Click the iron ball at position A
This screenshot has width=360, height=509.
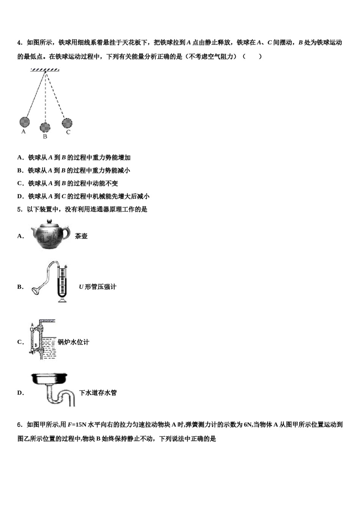coord(24,122)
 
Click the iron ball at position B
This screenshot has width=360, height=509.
coord(45,127)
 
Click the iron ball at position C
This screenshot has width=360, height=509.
coord(67,123)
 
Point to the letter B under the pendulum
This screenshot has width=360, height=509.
coord(45,136)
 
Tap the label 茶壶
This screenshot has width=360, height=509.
coord(81,236)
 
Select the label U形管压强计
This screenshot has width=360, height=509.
coord(97,287)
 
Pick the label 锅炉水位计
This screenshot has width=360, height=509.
coord(74,342)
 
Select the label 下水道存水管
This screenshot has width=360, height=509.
coord(98,393)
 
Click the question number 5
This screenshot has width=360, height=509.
coord(19,209)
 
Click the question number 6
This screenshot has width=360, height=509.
coord(19,425)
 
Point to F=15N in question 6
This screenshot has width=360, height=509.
coord(77,425)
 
